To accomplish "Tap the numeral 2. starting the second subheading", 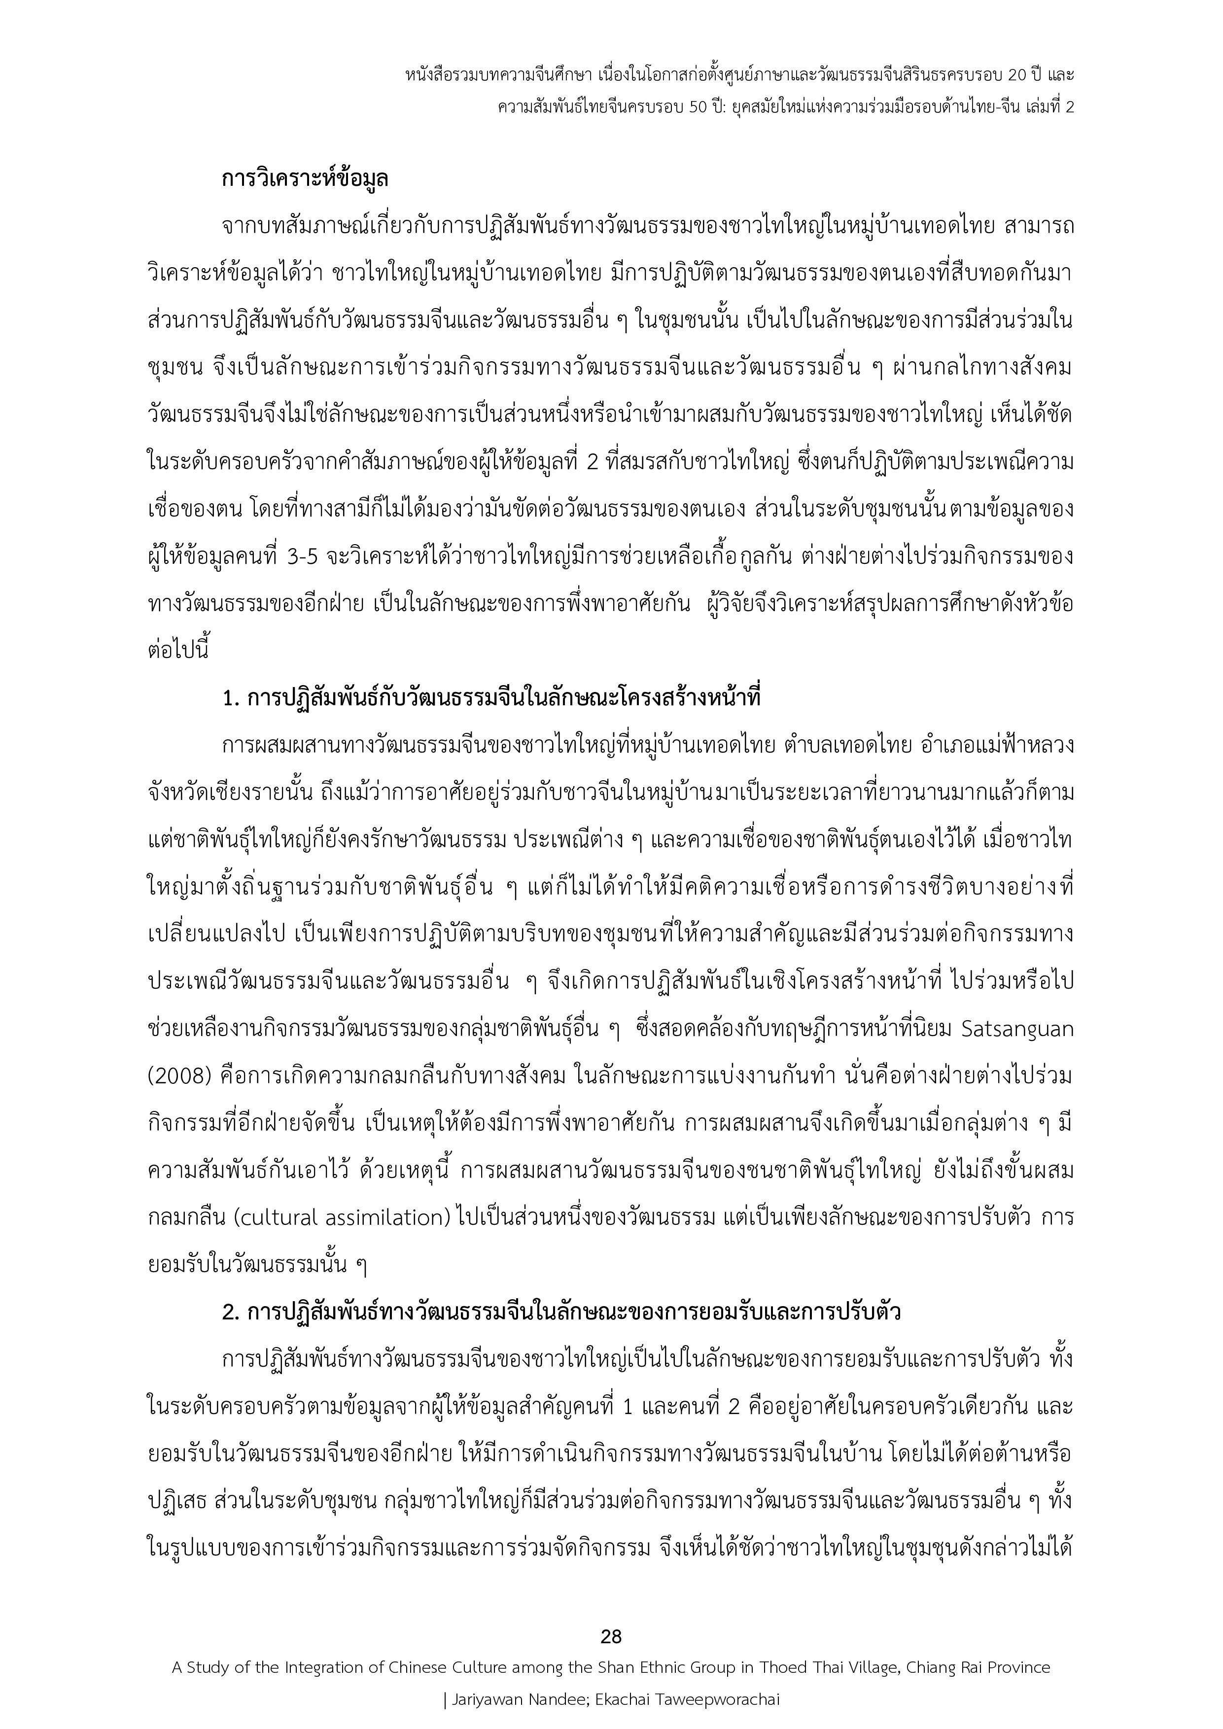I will point(231,1312).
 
